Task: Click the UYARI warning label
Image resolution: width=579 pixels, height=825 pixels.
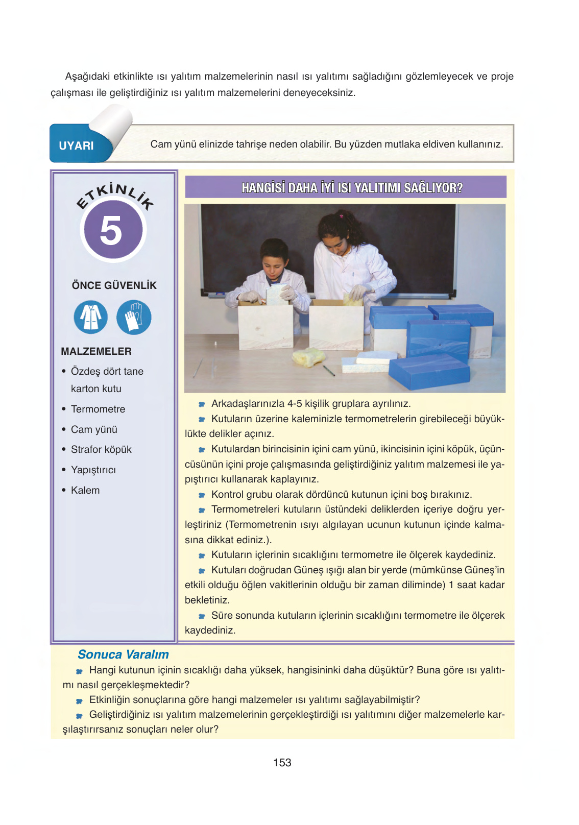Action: (77, 146)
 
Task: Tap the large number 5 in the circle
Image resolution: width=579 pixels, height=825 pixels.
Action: (111, 230)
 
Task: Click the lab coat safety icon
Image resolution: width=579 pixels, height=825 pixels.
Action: (90, 317)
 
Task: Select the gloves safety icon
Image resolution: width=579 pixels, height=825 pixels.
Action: (134, 317)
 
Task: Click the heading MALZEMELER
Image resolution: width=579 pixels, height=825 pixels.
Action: (96, 351)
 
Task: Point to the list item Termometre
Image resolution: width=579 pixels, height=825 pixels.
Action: (98, 409)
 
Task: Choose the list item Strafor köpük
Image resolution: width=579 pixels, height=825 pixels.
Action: (101, 449)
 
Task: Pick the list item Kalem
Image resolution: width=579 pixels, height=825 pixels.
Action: (85, 490)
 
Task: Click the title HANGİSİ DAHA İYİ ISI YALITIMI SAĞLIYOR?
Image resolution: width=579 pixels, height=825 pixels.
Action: (352, 188)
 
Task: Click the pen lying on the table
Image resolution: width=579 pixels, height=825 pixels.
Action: (328, 370)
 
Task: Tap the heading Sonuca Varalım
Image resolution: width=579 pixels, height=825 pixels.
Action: (123, 654)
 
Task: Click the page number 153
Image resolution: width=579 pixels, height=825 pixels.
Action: (282, 763)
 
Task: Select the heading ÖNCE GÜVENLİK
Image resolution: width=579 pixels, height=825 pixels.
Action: (114, 285)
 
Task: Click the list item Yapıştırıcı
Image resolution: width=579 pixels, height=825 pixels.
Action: (93, 470)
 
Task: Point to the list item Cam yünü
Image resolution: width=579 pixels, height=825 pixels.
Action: (94, 429)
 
